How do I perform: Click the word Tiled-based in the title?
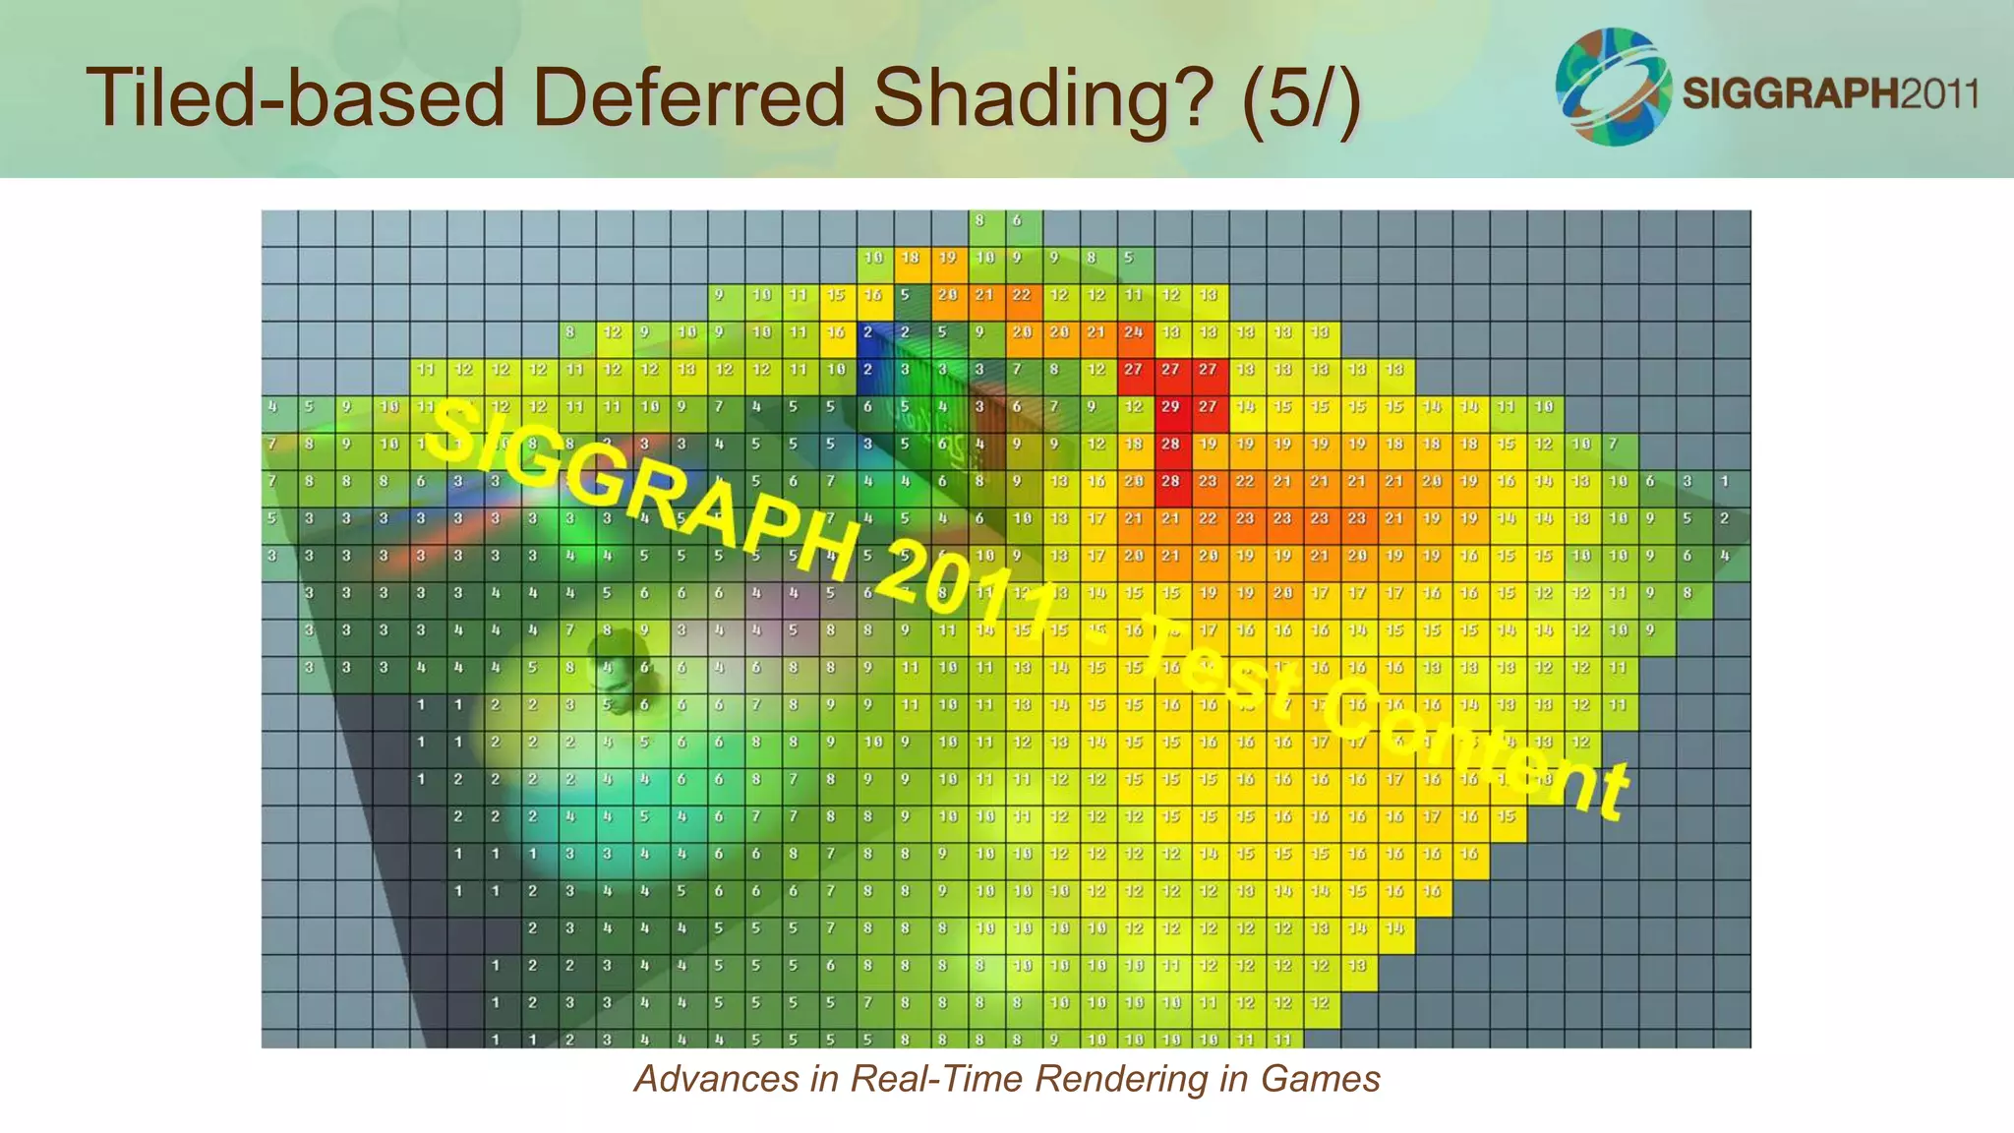295,98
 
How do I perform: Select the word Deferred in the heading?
688,98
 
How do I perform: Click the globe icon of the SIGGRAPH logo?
1613,87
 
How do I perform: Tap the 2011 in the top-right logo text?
1938,93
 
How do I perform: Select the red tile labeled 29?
1170,406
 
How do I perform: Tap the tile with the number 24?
1133,332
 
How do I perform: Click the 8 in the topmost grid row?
979,220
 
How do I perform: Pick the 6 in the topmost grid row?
1017,220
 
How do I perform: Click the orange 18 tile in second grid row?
911,258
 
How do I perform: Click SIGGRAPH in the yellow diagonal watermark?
639,492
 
